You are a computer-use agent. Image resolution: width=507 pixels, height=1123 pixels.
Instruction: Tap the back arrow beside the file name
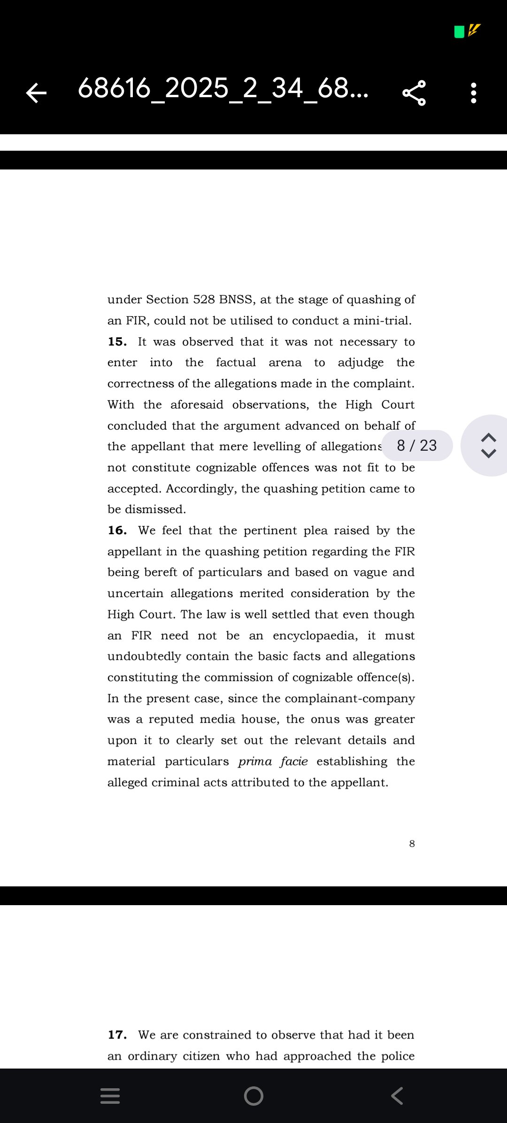(x=36, y=92)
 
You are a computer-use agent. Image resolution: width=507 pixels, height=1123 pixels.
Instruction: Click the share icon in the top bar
(x=414, y=92)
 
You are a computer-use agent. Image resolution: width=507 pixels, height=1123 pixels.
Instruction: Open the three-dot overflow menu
(x=474, y=92)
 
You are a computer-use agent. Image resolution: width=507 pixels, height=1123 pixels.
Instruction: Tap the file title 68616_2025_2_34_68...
(x=223, y=88)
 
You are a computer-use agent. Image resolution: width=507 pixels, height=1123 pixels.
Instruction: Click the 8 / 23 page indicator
(x=417, y=445)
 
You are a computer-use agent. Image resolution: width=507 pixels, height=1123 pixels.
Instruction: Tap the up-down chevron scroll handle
(x=489, y=445)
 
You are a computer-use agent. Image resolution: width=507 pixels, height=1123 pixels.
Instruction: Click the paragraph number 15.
(x=117, y=342)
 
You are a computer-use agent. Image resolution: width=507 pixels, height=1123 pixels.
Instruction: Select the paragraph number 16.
(x=117, y=531)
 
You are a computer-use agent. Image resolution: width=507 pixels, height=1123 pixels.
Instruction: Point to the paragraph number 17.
(x=117, y=1035)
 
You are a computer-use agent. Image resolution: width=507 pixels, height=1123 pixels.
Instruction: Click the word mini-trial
(x=382, y=321)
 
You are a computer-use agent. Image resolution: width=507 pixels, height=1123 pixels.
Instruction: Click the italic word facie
(x=294, y=761)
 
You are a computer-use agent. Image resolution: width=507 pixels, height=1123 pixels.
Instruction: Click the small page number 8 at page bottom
(x=412, y=844)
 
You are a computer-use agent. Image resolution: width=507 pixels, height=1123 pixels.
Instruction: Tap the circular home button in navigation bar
(x=253, y=1096)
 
